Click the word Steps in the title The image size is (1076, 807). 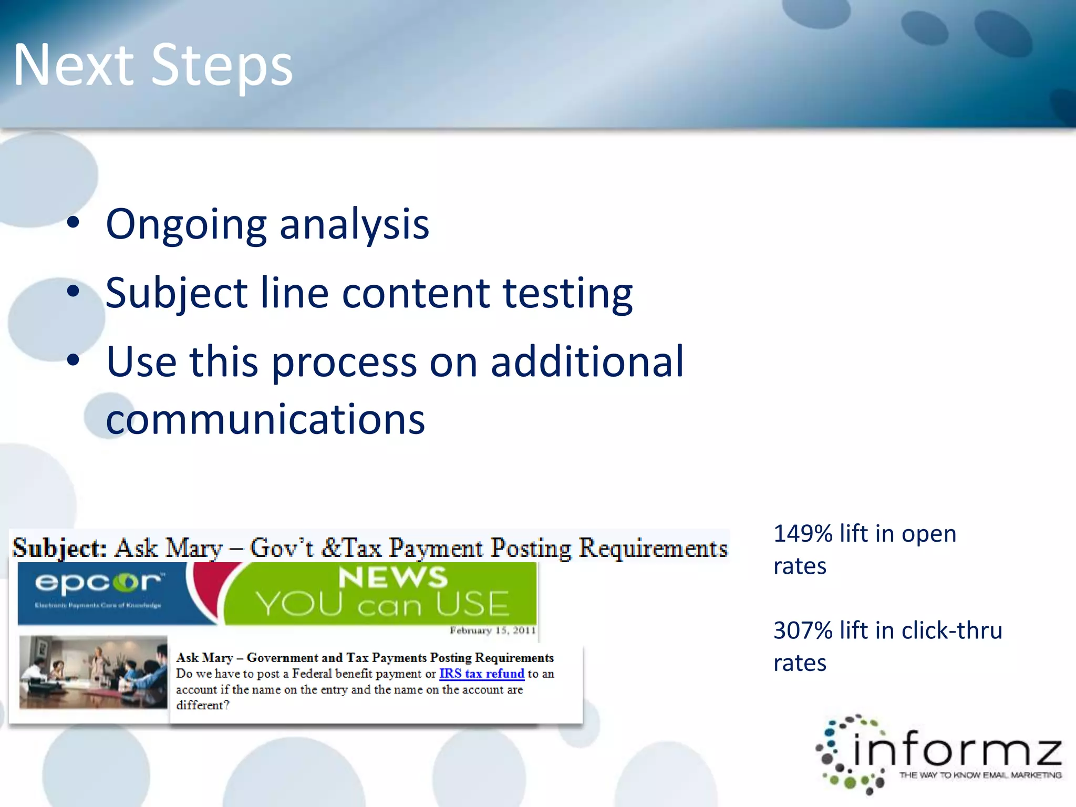(x=222, y=66)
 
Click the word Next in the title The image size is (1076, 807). (x=74, y=66)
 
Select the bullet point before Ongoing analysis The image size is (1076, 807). (x=74, y=223)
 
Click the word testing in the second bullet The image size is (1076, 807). (x=567, y=293)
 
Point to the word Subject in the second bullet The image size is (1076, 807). (x=177, y=293)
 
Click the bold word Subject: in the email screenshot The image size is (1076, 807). (x=59, y=549)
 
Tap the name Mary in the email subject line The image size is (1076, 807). (x=194, y=549)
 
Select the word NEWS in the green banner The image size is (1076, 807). (x=392, y=577)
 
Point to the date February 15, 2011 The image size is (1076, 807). (x=492, y=630)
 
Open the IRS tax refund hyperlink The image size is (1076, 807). (x=481, y=674)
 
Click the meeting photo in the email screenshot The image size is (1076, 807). (x=93, y=672)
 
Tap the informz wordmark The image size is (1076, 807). (x=956, y=749)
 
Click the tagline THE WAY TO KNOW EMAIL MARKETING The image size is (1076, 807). (x=980, y=775)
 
